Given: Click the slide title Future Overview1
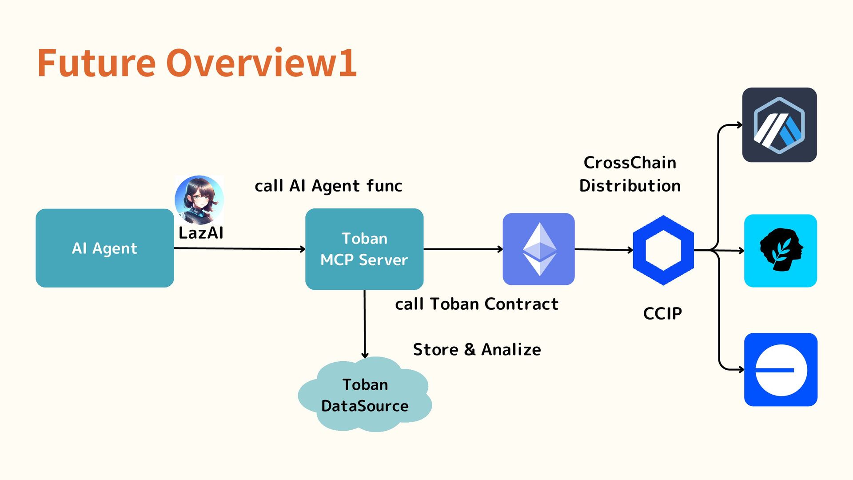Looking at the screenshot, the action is (197, 63).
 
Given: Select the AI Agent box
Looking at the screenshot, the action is (105, 248).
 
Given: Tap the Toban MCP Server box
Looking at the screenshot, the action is (364, 249).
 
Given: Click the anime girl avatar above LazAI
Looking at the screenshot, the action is (199, 200).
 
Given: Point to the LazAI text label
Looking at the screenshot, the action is (201, 233).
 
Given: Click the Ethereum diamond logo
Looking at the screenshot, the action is (538, 249).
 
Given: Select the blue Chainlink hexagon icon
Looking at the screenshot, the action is (663, 250).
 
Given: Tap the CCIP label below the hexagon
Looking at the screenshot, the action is (662, 313).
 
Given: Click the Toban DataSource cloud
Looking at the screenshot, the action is (365, 394).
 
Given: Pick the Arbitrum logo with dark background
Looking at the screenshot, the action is (780, 125).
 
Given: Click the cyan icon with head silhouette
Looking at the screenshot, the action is (781, 251).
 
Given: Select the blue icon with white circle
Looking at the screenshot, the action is (781, 369).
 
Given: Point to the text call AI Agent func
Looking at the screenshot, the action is (328, 186).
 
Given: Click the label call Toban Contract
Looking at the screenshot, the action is (477, 304).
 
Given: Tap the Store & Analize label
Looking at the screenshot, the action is (477, 350).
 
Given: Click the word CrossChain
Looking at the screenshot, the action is (630, 163).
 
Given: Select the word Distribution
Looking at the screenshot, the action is (630, 186).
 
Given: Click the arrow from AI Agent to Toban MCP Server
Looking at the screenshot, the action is (240, 248).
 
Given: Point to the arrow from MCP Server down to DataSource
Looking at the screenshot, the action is (365, 324).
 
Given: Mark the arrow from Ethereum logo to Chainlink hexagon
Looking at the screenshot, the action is (604, 250).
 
